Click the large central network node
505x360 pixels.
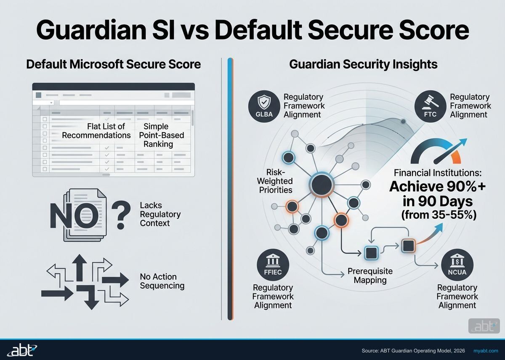click(x=322, y=184)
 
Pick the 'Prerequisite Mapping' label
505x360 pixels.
click(x=370, y=275)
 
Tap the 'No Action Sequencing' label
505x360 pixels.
click(x=162, y=281)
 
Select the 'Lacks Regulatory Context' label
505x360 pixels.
click(x=160, y=214)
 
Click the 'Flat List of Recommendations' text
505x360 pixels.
click(x=96, y=131)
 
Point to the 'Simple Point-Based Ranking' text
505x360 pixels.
click(x=158, y=135)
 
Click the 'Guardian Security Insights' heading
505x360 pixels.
click(x=363, y=64)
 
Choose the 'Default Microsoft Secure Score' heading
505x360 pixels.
click(x=113, y=64)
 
